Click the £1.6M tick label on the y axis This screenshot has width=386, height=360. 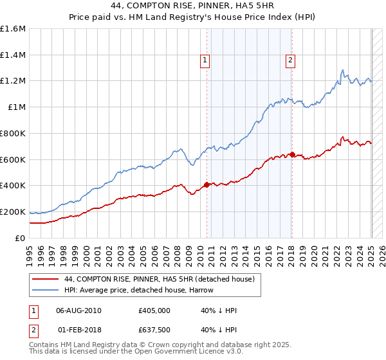pyautogui.click(x=13, y=29)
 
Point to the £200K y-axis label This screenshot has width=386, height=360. pyautogui.click(x=13, y=212)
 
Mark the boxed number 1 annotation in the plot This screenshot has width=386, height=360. pyautogui.click(x=205, y=60)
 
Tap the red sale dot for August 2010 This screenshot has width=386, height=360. pyautogui.click(x=207, y=184)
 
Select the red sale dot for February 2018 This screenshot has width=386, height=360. pyautogui.click(x=292, y=154)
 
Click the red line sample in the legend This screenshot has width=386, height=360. pyautogui.click(x=45, y=279)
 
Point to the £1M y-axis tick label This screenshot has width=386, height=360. pyautogui.click(x=17, y=107)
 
